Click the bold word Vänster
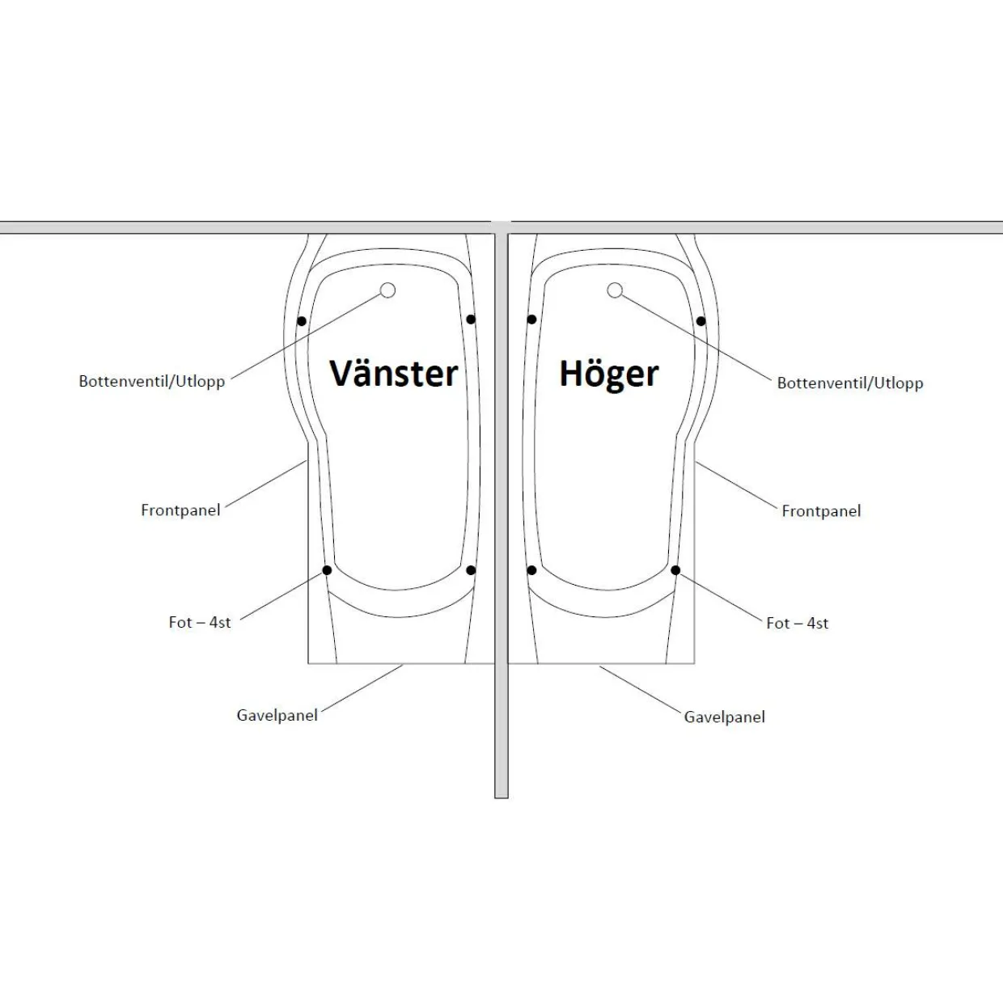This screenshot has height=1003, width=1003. pyautogui.click(x=393, y=373)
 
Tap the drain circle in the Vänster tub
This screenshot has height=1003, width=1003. pyautogui.click(x=387, y=290)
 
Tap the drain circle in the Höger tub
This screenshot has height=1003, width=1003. pyautogui.click(x=615, y=290)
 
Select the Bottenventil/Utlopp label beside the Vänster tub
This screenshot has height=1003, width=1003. pyautogui.click(x=151, y=382)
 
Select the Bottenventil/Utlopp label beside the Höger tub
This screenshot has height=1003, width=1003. pyautogui.click(x=850, y=383)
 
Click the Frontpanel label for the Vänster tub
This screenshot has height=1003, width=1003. pyautogui.click(x=180, y=510)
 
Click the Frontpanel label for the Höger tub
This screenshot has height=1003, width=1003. pyautogui.click(x=821, y=511)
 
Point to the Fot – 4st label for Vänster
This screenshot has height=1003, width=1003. pyautogui.click(x=200, y=623)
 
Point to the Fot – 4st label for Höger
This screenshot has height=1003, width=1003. pyautogui.click(x=798, y=624)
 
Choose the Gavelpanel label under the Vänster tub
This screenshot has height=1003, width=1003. pyautogui.click(x=277, y=715)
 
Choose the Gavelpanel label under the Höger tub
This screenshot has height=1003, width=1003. pyautogui.click(x=725, y=717)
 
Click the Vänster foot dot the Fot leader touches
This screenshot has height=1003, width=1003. pyautogui.click(x=327, y=570)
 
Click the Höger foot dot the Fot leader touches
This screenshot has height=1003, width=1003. pyautogui.click(x=675, y=570)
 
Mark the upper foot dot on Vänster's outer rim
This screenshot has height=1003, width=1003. pyautogui.click(x=302, y=321)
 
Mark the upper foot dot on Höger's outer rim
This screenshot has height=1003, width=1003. pyautogui.click(x=701, y=321)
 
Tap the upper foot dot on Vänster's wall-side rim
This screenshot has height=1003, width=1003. pyautogui.click(x=471, y=319)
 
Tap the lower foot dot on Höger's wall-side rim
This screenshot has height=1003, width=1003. pyautogui.click(x=531, y=570)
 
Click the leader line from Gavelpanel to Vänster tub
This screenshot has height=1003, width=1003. pyautogui.click(x=362, y=688)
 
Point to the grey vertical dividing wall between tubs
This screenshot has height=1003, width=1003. pyautogui.click(x=501, y=515)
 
